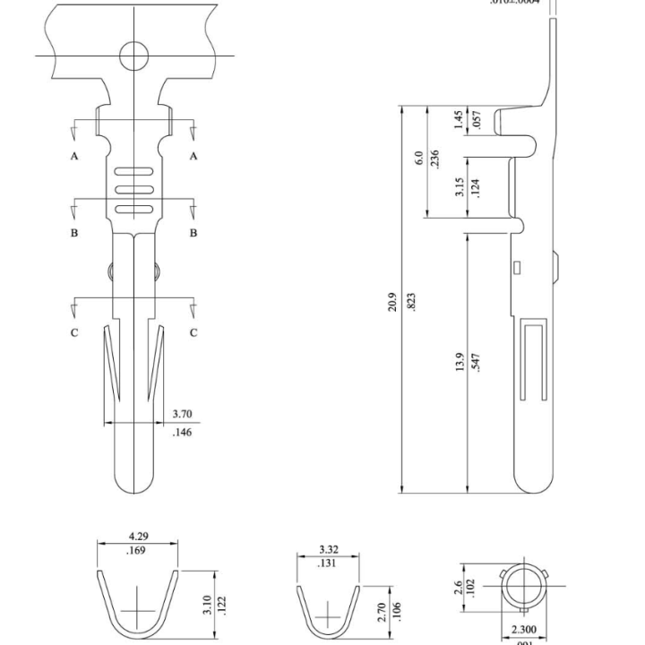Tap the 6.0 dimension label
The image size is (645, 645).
point(418,159)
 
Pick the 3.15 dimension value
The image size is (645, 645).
point(460,187)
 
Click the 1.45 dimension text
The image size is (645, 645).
point(460,120)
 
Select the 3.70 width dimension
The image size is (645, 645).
point(182,414)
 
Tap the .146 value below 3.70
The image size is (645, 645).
point(181,432)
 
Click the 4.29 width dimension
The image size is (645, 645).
point(138,537)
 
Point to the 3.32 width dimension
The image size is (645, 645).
point(328,549)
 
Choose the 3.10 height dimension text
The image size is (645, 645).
point(206,606)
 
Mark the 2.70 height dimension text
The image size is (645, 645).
point(382,612)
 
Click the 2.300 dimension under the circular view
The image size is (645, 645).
point(524,630)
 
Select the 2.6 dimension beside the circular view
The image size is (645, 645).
point(459,588)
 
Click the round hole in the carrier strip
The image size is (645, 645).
point(134,55)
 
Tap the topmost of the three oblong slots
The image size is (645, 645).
point(134,170)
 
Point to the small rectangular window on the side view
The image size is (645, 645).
point(517,266)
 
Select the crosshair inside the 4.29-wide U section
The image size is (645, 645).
point(138,611)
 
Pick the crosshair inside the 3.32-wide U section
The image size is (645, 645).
point(329,615)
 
